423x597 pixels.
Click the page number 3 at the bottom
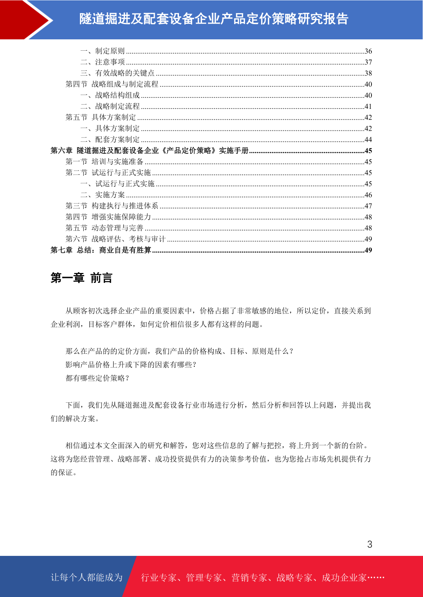[x=369, y=544]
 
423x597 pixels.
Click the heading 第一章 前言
[x=81, y=278]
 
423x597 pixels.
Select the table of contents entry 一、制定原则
[x=103, y=51]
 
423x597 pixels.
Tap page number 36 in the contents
[x=368, y=51]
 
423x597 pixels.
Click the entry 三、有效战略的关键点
[x=118, y=73]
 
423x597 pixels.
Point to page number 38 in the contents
[x=368, y=73]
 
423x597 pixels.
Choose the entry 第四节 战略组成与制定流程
[x=112, y=84]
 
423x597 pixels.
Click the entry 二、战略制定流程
[x=110, y=106]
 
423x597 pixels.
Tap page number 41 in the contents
[x=368, y=106]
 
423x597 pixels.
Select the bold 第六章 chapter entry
[x=149, y=151]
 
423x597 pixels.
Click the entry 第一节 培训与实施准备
[x=104, y=162]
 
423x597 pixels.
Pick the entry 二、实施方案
[x=103, y=195]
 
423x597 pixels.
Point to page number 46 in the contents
[x=368, y=195]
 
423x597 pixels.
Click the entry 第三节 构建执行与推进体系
[x=112, y=206]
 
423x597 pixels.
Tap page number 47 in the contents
[x=368, y=206]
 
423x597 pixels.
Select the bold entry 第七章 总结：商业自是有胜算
[x=101, y=250]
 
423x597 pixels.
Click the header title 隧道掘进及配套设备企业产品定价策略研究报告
[x=214, y=19]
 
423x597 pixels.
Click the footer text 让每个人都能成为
[x=87, y=578]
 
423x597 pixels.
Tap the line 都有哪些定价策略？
[x=98, y=378]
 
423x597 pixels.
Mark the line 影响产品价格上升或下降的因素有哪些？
[x=131, y=365]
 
